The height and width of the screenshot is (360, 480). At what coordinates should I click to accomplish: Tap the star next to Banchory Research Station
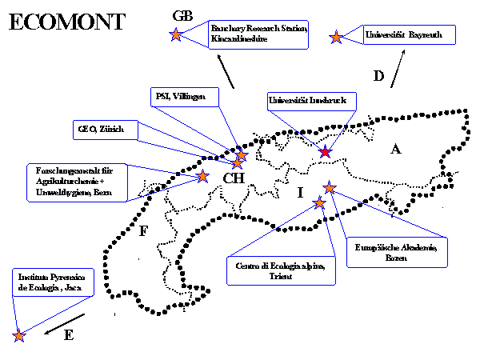176,34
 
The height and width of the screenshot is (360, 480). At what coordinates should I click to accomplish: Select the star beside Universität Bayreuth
337,37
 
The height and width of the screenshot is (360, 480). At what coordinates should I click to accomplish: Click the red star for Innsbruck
325,151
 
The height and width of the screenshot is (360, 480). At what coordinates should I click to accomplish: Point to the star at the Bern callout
202,175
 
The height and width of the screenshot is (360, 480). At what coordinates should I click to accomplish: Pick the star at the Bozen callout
330,187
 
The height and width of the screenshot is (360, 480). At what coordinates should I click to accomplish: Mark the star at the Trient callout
319,202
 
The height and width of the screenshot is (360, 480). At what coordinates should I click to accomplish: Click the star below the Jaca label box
19,336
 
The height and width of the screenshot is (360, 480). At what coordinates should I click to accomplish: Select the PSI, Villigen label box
179,97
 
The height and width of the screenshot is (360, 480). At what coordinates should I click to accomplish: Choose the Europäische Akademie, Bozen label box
395,254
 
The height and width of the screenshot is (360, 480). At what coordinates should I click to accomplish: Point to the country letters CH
233,178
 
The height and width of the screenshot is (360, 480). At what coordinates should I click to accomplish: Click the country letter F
142,232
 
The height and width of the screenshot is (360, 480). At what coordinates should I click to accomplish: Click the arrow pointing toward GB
224,75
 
